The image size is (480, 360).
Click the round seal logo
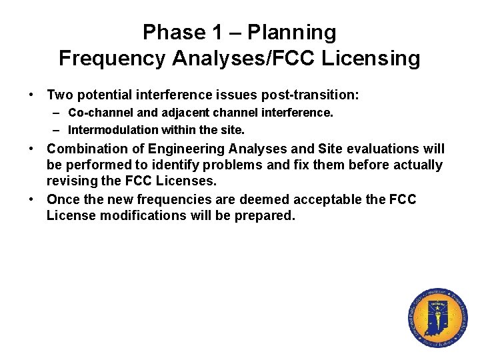click(x=437, y=319)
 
